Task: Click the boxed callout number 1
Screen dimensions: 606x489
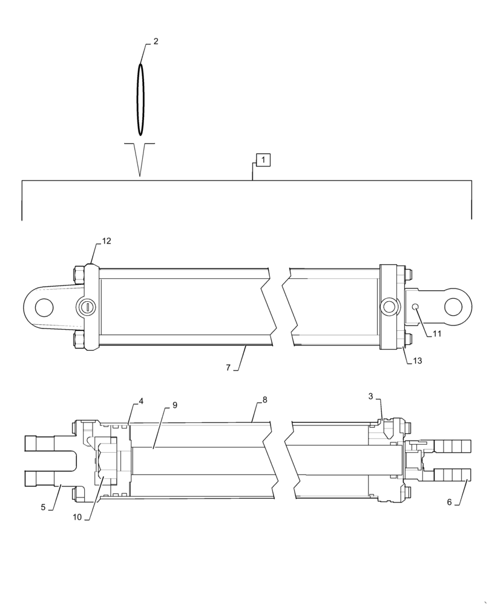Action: click(x=263, y=160)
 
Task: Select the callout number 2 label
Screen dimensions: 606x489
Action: click(x=156, y=41)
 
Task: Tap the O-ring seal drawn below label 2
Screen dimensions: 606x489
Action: click(x=140, y=99)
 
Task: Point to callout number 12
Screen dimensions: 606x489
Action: click(x=107, y=241)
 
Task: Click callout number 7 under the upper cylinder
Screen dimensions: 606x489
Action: click(x=229, y=367)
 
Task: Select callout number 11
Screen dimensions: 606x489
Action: click(x=436, y=333)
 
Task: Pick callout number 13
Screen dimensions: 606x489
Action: click(x=418, y=361)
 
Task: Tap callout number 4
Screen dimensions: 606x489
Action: click(x=141, y=401)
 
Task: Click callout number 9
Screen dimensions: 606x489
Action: click(x=174, y=405)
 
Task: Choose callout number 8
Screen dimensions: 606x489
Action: click(x=264, y=400)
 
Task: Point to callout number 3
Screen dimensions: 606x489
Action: click(x=370, y=396)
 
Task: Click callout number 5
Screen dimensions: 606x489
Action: click(x=43, y=507)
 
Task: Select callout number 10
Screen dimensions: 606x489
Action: click(x=77, y=518)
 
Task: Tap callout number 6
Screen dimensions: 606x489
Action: click(x=449, y=502)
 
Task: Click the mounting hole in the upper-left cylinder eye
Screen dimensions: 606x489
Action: click(x=44, y=307)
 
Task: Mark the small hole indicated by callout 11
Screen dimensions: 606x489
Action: click(x=415, y=308)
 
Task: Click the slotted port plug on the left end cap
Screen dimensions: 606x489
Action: click(x=88, y=307)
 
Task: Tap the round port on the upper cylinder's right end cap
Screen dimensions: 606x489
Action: click(x=388, y=307)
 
